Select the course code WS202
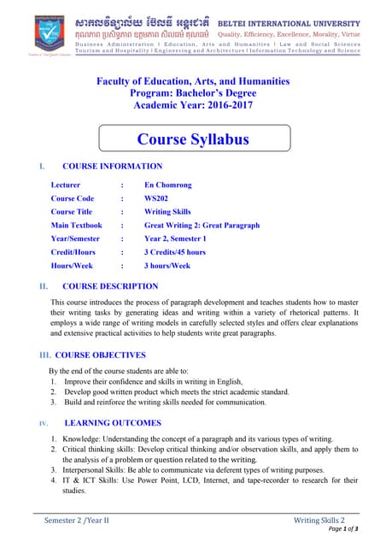coord(156,198)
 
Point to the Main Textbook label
coord(76,226)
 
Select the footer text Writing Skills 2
coord(319,520)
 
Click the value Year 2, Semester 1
coord(174,238)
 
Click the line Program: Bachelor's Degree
coord(192,94)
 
